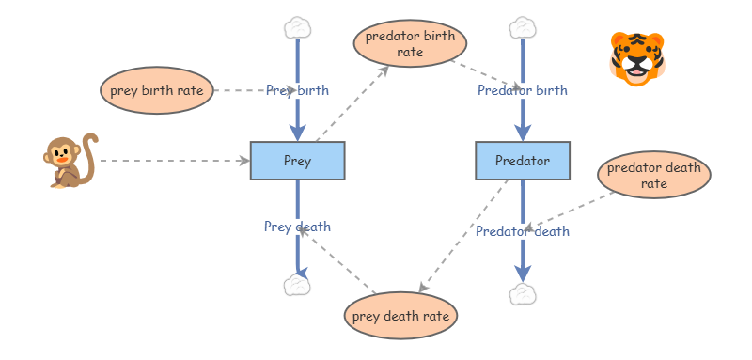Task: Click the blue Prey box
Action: tap(297, 161)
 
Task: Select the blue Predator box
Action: tap(522, 161)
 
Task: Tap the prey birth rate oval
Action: tap(156, 91)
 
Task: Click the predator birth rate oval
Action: tap(410, 44)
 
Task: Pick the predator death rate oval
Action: tap(653, 176)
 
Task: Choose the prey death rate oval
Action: tap(400, 316)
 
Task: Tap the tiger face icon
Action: tap(636, 58)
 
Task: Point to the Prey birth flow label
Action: tap(297, 91)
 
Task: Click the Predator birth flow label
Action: tap(522, 91)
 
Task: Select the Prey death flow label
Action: tap(297, 227)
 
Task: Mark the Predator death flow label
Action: tap(522, 231)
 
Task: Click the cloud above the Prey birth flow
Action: tap(297, 26)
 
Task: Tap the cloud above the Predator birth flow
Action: tap(522, 26)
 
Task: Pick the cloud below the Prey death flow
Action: tap(297, 285)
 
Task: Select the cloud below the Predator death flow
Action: tap(522, 294)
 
